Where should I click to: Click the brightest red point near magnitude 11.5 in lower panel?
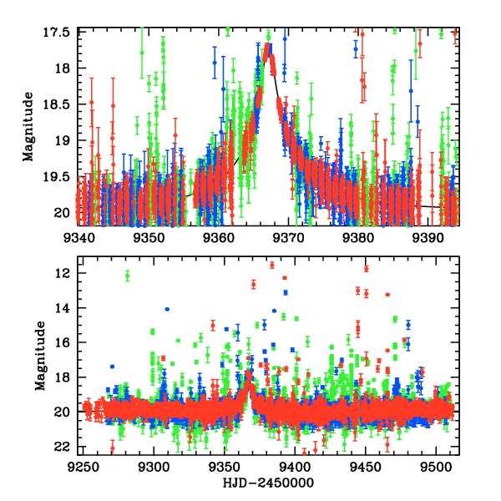pyautogui.click(x=366, y=268)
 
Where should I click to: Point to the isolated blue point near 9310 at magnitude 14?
pyautogui.click(x=167, y=309)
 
